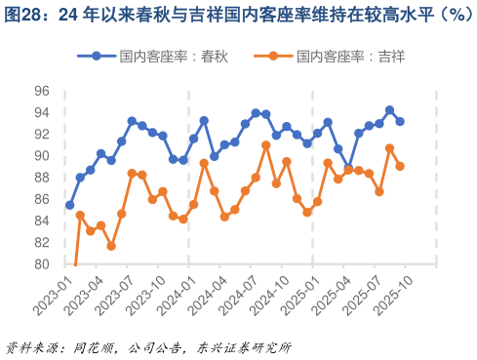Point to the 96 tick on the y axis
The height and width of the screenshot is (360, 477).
41,92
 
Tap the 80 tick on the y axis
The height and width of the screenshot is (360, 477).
41,264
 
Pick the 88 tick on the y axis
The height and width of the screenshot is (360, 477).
41,178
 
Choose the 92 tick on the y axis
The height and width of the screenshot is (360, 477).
41,135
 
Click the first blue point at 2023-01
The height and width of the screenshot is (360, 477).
69,205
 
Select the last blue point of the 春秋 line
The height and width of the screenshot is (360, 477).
400,121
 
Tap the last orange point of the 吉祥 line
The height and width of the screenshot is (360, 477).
400,167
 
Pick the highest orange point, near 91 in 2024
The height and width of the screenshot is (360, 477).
266,145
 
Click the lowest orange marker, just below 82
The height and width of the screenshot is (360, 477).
111,246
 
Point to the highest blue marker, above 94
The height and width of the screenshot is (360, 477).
389,110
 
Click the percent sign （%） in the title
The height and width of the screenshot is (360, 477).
448,15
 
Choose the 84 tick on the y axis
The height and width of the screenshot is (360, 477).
41,221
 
